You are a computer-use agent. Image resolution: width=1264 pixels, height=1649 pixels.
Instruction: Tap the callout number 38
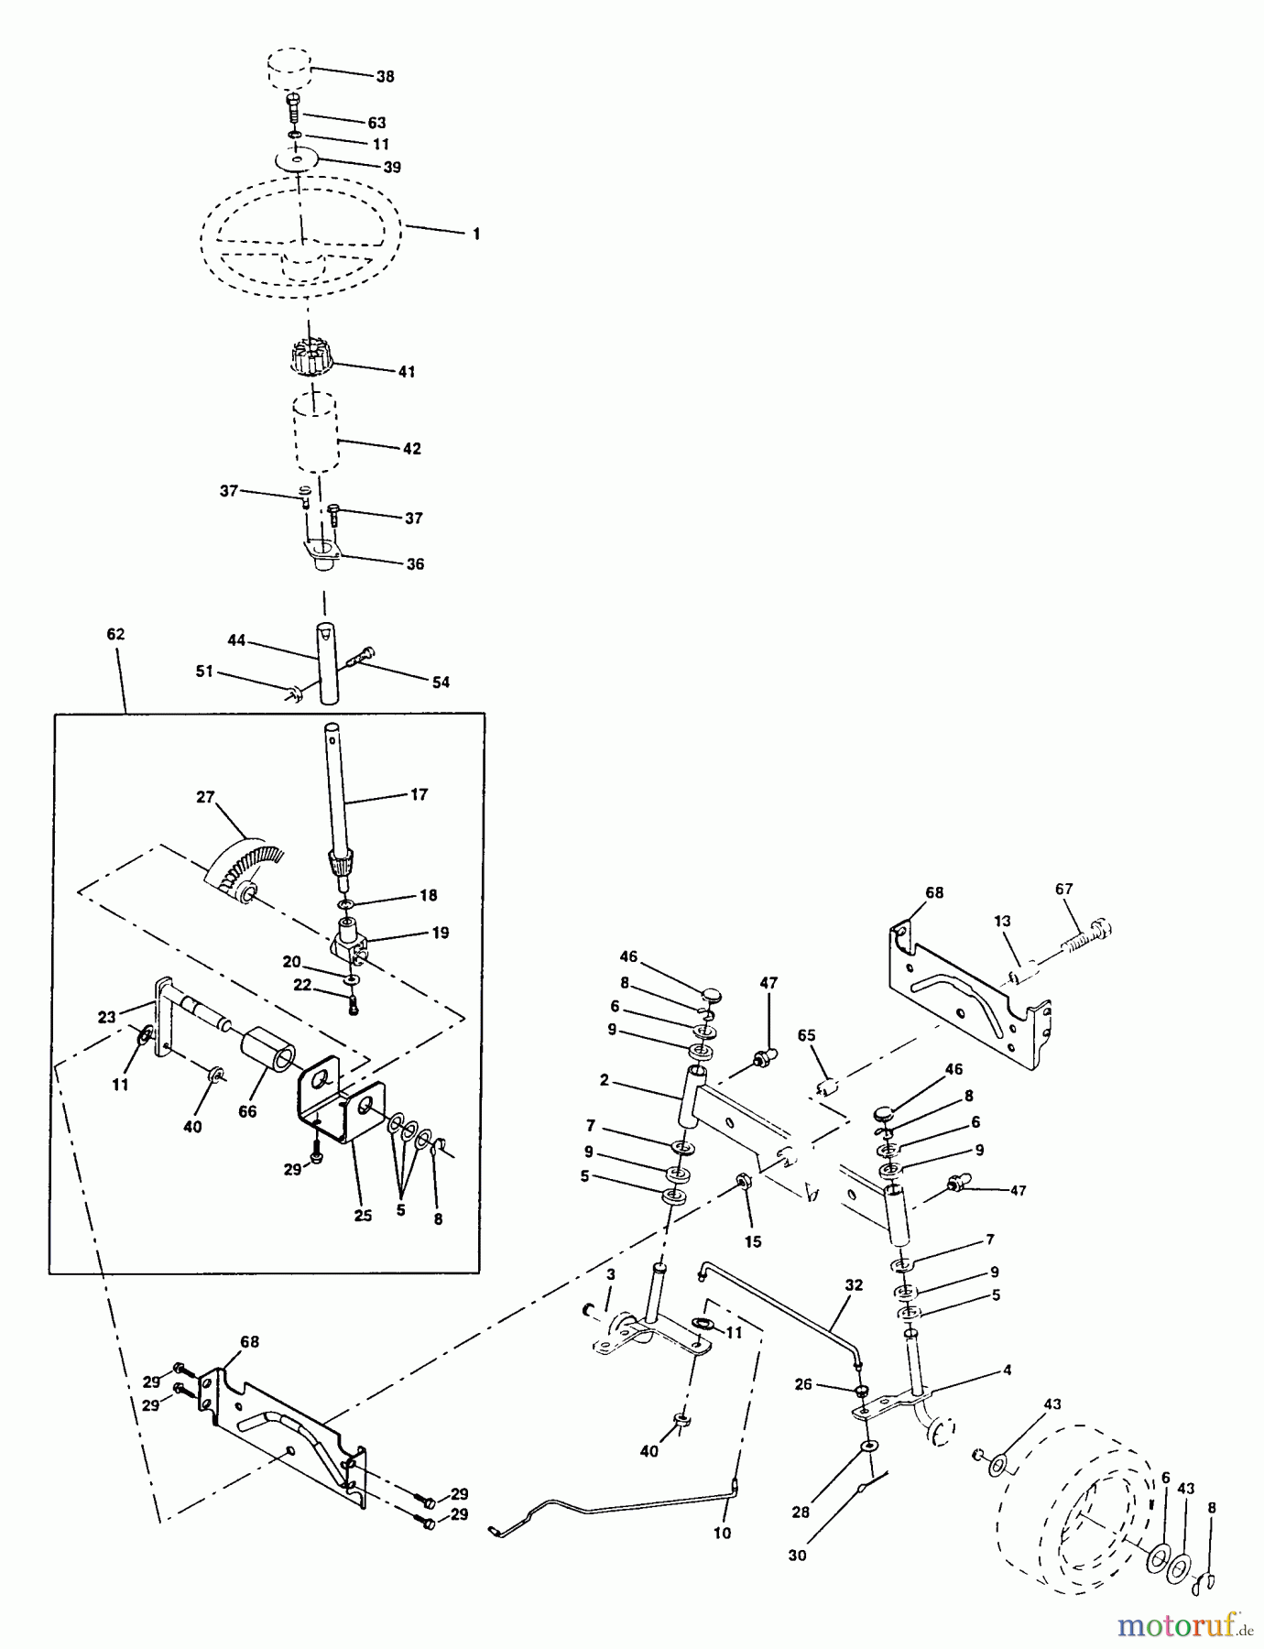click(385, 77)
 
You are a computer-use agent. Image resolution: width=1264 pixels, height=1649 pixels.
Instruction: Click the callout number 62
click(115, 634)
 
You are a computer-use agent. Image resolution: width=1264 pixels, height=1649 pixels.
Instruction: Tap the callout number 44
click(236, 640)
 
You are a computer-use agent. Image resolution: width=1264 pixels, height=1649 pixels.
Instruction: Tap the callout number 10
click(722, 1533)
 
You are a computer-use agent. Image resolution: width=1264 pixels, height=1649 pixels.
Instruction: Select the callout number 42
click(412, 449)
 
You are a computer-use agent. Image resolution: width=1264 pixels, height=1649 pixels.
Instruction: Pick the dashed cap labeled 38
click(289, 70)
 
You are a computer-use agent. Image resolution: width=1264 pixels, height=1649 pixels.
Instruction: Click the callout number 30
click(797, 1555)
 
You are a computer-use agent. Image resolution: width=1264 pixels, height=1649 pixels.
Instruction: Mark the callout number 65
click(806, 1036)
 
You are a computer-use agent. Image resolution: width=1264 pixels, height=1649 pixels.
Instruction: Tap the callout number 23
click(107, 1016)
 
